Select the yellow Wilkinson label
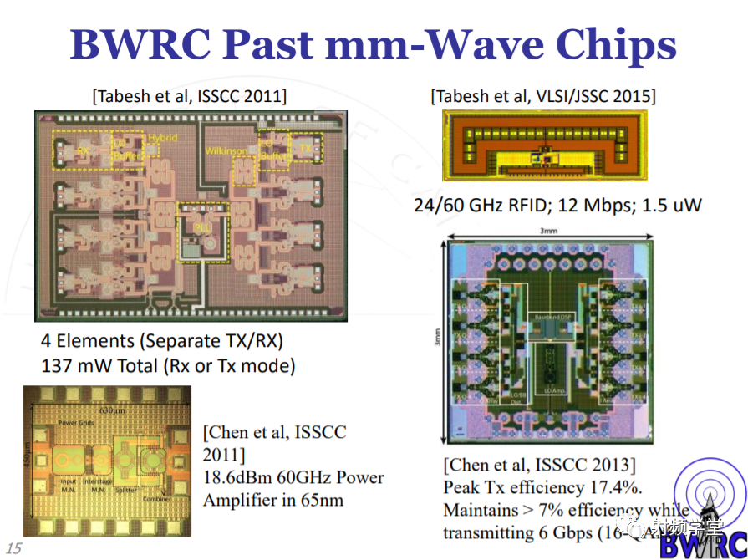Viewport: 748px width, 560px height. [226, 150]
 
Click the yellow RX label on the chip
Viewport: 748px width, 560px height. [83, 151]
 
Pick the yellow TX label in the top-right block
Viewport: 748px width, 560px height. [304, 146]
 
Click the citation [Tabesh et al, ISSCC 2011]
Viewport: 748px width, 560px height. [189, 94]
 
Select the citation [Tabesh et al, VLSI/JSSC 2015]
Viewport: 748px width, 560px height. [543, 96]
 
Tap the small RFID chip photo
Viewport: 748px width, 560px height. [546, 147]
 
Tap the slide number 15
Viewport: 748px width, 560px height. [13, 549]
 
